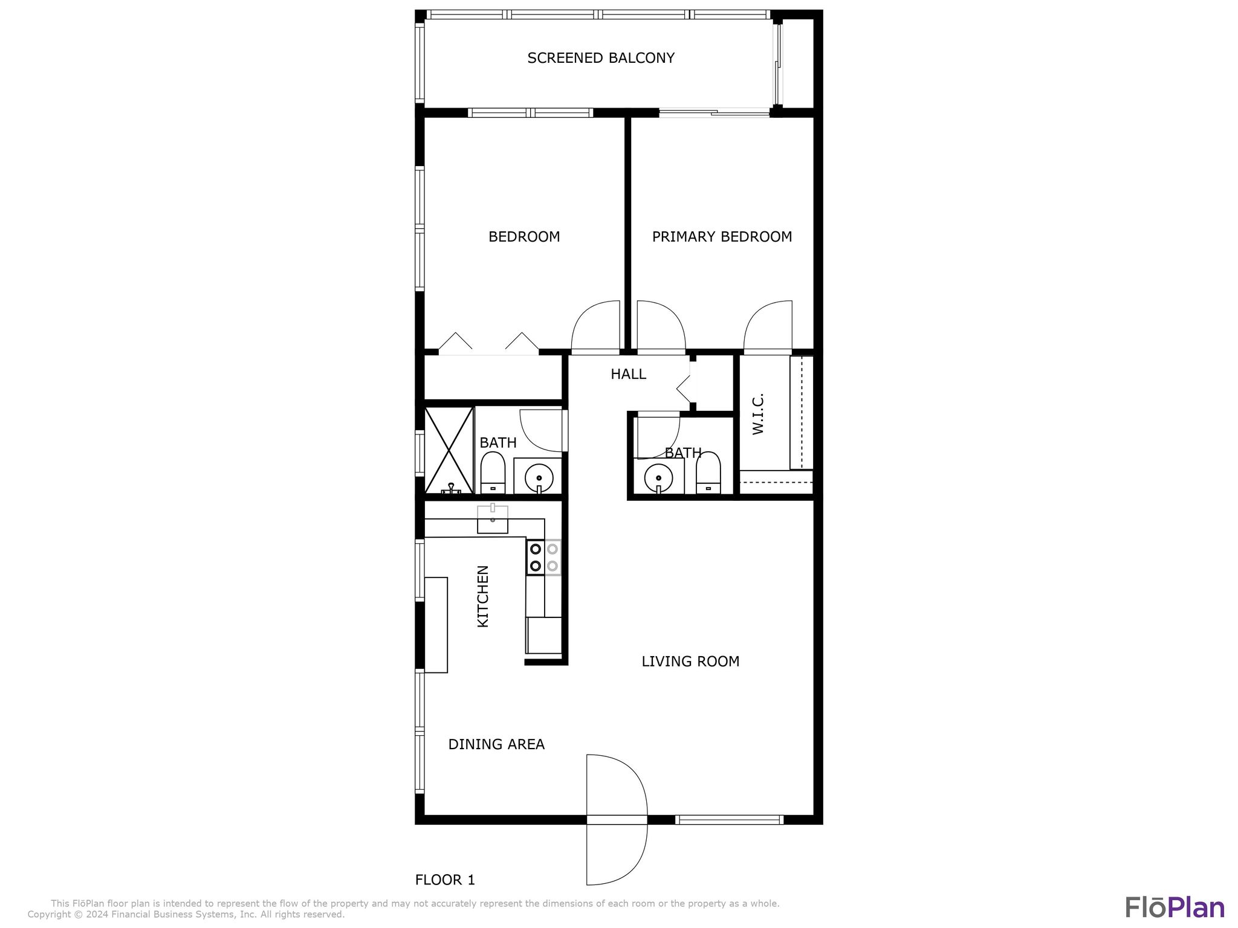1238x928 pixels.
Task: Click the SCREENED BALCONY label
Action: point(600,58)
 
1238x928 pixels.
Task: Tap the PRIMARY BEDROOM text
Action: point(722,237)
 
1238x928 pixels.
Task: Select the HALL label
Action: point(628,375)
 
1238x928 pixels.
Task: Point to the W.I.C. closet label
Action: point(759,414)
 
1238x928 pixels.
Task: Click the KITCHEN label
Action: point(483,596)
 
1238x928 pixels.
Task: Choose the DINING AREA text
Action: point(496,744)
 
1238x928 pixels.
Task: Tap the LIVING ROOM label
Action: point(690,662)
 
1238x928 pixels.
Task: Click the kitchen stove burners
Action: point(543,558)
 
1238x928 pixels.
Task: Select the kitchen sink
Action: point(493,520)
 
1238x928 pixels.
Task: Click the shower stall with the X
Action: point(449,450)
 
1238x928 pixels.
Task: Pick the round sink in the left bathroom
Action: point(539,478)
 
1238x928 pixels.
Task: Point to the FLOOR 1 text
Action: point(445,880)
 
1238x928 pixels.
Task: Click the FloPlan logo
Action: point(1175,908)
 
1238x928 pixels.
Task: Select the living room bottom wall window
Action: point(729,820)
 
